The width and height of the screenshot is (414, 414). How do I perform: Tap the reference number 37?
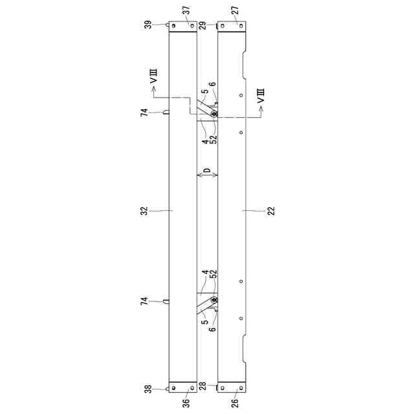186,10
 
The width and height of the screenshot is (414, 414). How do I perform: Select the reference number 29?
203,25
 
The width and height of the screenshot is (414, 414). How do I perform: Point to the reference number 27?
235,10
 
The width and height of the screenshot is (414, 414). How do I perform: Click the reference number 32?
144,211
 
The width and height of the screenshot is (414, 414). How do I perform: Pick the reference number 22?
271,211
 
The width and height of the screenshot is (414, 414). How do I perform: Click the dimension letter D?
208,170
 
